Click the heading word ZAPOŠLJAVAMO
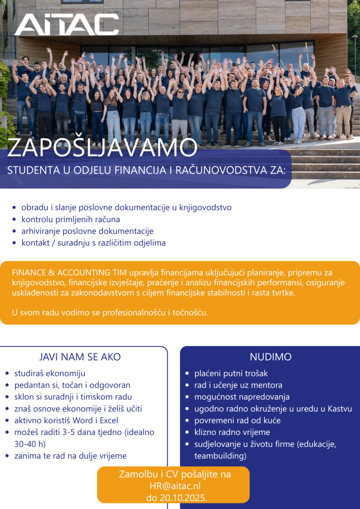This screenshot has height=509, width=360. click(x=102, y=148)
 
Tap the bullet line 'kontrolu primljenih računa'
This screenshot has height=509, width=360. click(x=71, y=219)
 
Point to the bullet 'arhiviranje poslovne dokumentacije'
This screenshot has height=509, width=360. click(x=87, y=231)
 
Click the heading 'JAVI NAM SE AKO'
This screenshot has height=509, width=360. click(x=80, y=357)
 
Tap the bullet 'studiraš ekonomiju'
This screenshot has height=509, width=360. click(x=50, y=373)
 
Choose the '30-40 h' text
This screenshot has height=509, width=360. click(x=30, y=444)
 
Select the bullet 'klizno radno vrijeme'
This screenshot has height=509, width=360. click(x=232, y=432)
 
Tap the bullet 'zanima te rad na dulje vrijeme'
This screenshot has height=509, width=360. click(x=71, y=456)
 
